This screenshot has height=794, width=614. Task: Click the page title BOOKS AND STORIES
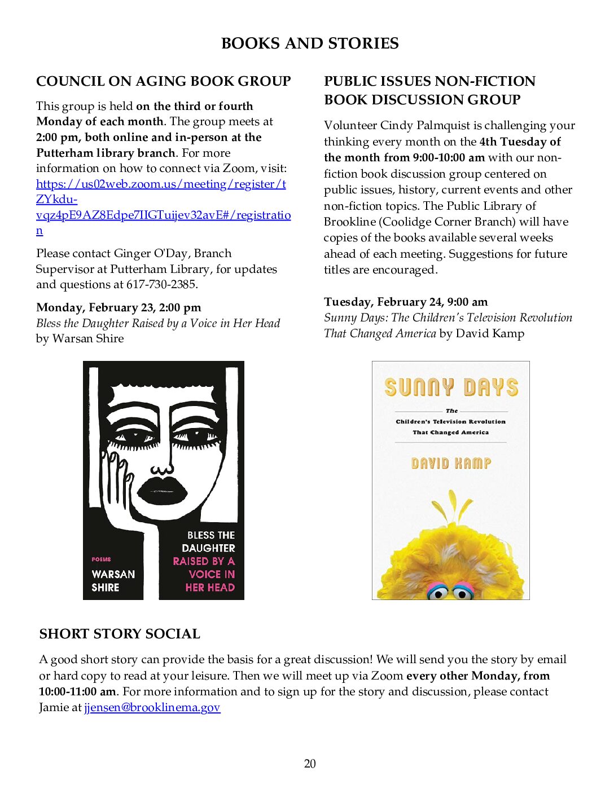[309, 43]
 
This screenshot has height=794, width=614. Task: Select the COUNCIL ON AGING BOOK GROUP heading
[163, 81]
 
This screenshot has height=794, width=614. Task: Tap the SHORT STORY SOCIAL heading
[120, 634]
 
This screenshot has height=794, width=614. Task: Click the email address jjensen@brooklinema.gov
[152, 707]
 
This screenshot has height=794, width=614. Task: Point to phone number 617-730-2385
[161, 285]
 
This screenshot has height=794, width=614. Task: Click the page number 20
[310, 764]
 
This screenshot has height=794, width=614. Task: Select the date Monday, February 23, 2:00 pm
[119, 307]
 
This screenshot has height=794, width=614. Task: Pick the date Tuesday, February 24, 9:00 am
[406, 302]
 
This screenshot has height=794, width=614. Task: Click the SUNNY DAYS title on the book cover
[451, 387]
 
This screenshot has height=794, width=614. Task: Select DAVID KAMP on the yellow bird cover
[451, 464]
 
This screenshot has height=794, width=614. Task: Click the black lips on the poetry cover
[163, 490]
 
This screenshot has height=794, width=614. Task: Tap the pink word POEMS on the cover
[102, 559]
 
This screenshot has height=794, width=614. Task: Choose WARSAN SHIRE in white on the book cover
[113, 581]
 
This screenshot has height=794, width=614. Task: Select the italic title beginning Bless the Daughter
[158, 323]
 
